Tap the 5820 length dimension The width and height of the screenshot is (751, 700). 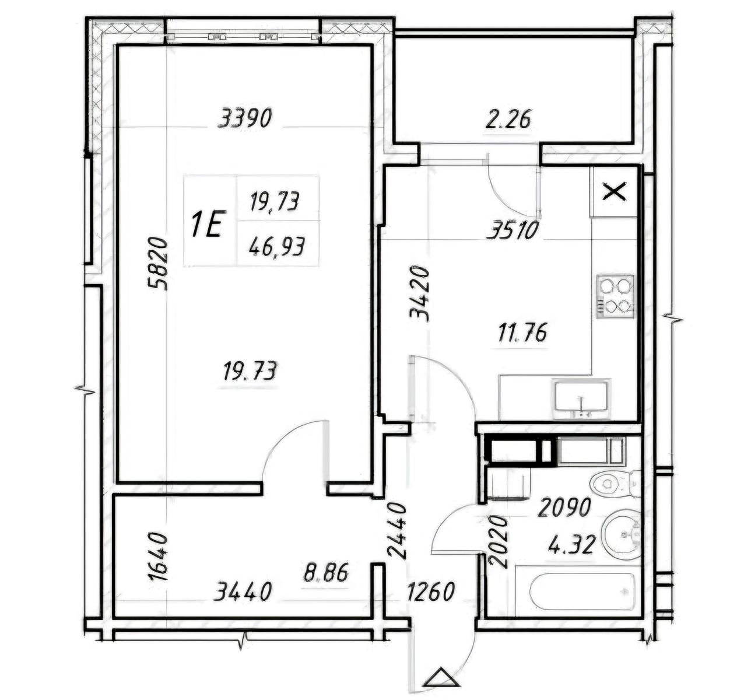click(157, 264)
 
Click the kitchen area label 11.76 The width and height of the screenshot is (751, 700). click(522, 333)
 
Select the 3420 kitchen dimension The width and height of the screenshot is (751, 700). click(420, 294)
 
